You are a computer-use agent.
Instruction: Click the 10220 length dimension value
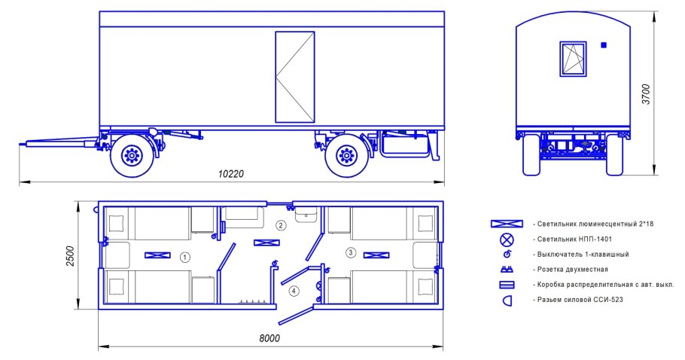pyautogui.click(x=231, y=174)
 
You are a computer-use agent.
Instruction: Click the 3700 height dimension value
pyautogui.click(x=646, y=94)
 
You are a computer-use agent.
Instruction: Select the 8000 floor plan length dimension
pyautogui.click(x=269, y=338)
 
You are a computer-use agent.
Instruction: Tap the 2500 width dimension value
pyautogui.click(x=70, y=256)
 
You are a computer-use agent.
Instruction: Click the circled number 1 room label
pyautogui.click(x=185, y=258)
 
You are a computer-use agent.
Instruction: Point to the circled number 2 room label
pyautogui.click(x=282, y=225)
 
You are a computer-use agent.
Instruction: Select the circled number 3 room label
pyautogui.click(x=350, y=252)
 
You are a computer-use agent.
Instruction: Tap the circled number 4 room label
pyautogui.click(x=294, y=291)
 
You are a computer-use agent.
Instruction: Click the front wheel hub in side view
pyautogui.click(x=131, y=154)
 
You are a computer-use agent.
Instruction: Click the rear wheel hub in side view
pyautogui.click(x=346, y=154)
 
